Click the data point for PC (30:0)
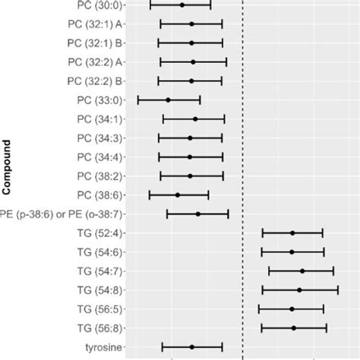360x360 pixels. click(182, 5)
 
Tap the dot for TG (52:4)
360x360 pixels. click(292, 233)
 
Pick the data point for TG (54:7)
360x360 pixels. click(302, 271)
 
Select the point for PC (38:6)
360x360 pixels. click(178, 195)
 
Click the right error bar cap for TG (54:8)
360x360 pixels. click(338, 290)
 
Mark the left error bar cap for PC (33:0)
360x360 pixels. click(137, 99)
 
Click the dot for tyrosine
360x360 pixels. click(192, 347)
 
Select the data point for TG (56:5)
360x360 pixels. click(292, 309)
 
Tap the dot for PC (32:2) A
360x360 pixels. click(194, 62)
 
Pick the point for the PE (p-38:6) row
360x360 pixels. click(198, 214)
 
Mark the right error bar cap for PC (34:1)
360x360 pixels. click(224, 119)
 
